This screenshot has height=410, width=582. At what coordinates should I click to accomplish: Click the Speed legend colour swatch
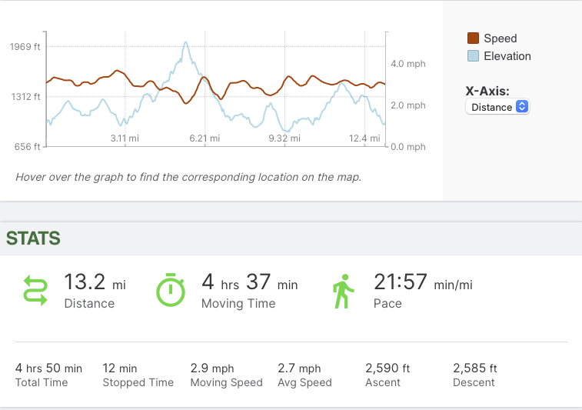tap(474, 38)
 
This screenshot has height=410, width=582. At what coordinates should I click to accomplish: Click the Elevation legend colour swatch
tap(474, 56)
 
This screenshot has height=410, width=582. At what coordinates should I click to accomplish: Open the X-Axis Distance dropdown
tap(497, 107)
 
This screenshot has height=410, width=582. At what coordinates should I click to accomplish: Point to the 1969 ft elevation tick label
tap(25, 47)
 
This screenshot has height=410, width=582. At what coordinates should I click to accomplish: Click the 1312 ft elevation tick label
tap(25, 97)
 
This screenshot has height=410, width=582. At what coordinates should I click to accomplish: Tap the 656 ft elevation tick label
tap(28, 147)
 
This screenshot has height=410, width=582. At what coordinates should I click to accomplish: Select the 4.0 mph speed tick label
tap(407, 64)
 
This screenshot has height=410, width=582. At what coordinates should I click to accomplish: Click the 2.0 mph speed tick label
tap(407, 105)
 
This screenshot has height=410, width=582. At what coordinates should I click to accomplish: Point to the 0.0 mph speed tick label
tap(407, 147)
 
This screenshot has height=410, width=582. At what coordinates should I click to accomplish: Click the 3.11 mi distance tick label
tap(125, 138)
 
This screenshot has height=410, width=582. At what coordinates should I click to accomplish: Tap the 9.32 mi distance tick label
tap(284, 138)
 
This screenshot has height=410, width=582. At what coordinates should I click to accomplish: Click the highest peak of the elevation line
tap(186, 43)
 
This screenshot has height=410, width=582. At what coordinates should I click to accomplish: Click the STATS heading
tap(34, 238)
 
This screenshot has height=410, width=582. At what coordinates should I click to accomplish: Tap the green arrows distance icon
tap(35, 290)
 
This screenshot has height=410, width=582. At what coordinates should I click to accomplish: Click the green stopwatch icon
tap(171, 289)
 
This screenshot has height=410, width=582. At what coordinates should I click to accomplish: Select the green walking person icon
tap(341, 290)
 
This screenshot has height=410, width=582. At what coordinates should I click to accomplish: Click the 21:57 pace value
tap(400, 282)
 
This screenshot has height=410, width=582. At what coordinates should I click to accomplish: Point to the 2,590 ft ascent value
tap(387, 368)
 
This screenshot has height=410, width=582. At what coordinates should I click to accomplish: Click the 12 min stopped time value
tap(120, 368)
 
